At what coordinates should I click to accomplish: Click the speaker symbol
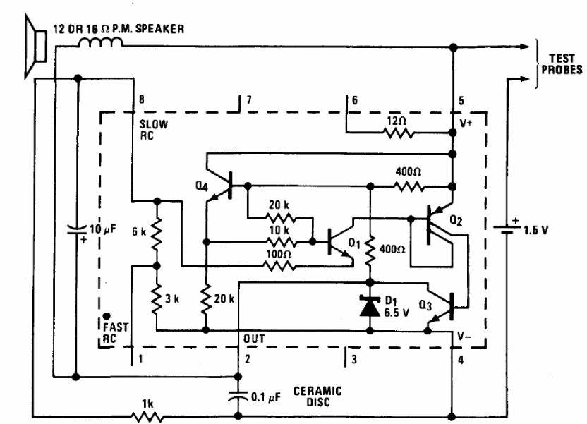click(x=35, y=47)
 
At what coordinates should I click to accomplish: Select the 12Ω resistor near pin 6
click(x=399, y=133)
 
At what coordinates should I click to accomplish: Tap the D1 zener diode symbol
click(x=370, y=306)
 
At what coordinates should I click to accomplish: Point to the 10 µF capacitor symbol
click(x=78, y=229)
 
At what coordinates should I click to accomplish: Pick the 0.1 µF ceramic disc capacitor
click(x=238, y=396)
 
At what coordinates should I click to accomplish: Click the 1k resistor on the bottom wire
click(x=147, y=416)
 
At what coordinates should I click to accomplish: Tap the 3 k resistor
click(x=157, y=298)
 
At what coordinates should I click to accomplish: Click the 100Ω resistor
click(x=279, y=266)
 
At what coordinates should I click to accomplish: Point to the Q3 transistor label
click(x=425, y=305)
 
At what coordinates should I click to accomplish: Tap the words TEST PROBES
click(x=562, y=64)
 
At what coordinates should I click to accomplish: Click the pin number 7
click(x=249, y=99)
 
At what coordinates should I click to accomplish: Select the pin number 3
click(x=354, y=359)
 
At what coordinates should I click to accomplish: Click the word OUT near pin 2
click(x=254, y=339)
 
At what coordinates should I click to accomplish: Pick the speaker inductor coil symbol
click(x=101, y=43)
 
